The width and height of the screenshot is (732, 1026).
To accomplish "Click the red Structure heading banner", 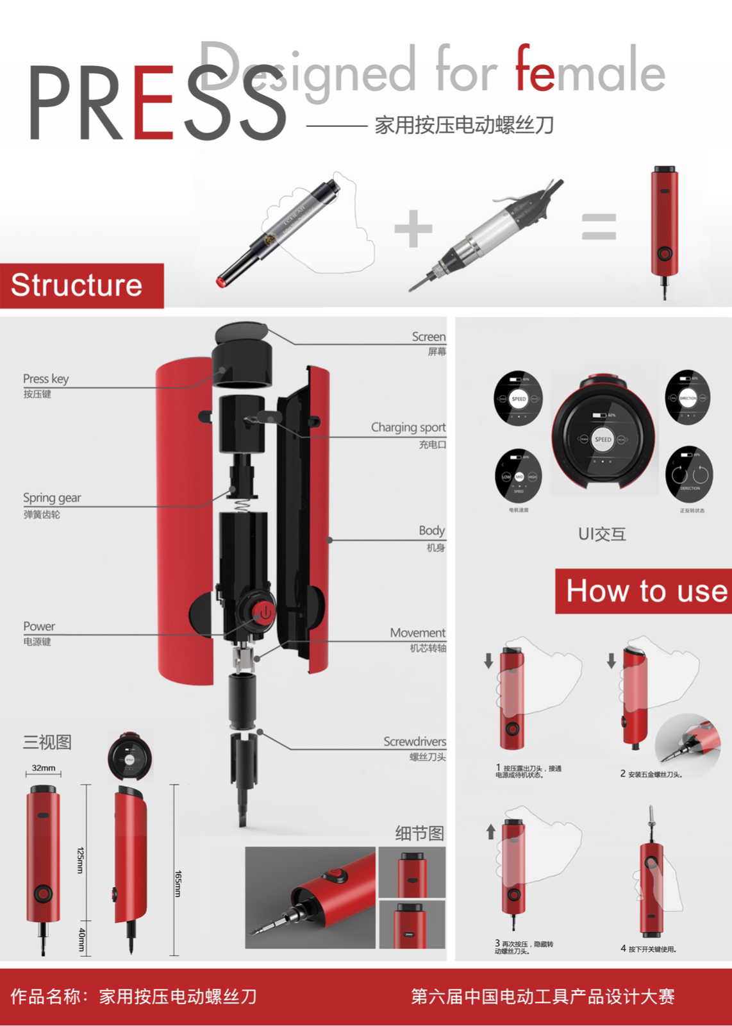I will tap(81, 285).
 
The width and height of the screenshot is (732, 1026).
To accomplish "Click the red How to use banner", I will tap(644, 591).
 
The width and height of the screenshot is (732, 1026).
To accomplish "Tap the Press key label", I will tap(46, 379).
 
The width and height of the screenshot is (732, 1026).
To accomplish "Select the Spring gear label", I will tap(52, 498).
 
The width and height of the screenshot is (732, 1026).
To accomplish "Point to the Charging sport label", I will tap(408, 428).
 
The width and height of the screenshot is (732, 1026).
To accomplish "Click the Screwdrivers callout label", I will tap(415, 742).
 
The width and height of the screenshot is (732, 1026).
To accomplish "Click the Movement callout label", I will tap(417, 633).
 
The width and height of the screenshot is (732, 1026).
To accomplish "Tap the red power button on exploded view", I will tap(263, 612).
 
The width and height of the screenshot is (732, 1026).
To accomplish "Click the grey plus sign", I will tap(413, 228).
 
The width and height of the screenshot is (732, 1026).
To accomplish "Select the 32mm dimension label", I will tap(44, 768).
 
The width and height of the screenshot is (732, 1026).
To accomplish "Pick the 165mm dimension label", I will tap(179, 883).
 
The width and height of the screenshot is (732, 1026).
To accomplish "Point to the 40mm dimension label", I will tap(82, 939).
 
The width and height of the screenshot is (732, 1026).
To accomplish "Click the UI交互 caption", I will tap(602, 534).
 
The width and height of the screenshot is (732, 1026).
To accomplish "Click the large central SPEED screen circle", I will tap(603, 439).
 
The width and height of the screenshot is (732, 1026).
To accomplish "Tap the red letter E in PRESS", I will tap(154, 103).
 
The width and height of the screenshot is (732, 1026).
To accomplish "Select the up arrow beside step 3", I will tap(491, 832).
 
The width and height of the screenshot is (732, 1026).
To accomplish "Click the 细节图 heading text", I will tap(419, 834).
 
